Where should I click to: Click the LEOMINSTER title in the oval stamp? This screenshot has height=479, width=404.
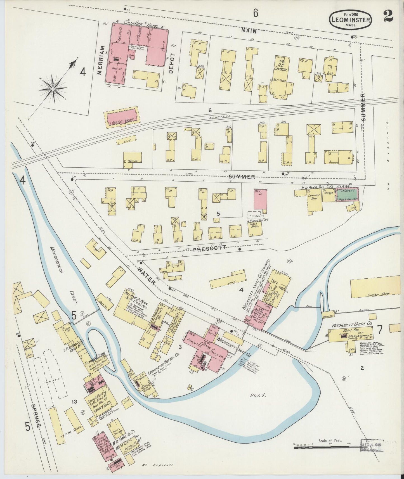(351, 20)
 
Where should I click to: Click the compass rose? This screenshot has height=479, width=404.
(53, 89)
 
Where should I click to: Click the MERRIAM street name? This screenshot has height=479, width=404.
(101, 60)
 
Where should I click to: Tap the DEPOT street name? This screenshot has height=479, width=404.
(171, 64)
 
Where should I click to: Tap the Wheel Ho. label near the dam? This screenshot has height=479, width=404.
(329, 313)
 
